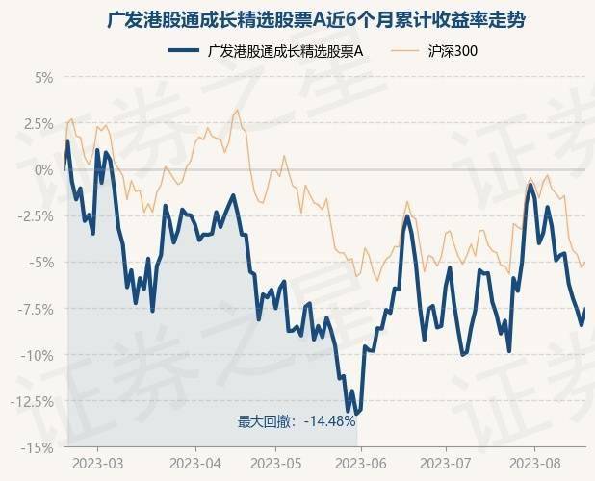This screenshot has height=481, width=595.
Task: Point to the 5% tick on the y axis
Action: coord(43,77)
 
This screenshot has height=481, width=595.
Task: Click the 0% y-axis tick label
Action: coord(43,169)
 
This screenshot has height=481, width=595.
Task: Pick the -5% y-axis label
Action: coord(41,263)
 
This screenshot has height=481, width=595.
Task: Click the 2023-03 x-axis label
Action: coord(98,464)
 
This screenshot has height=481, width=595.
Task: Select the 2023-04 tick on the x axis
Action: coord(196,464)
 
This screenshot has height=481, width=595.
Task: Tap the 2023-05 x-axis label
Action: coord(276,464)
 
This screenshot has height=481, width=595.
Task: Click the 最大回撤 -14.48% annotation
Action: coord(297,421)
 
